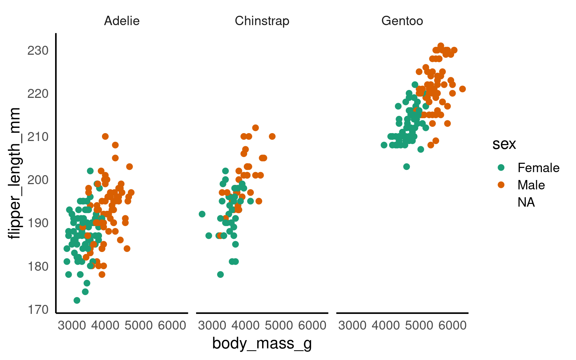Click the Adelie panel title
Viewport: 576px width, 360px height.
click(x=122, y=21)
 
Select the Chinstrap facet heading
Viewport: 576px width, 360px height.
click(x=262, y=21)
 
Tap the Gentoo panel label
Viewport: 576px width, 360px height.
click(x=402, y=21)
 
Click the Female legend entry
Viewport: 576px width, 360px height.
click(x=538, y=168)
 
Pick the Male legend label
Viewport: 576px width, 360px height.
click(x=531, y=185)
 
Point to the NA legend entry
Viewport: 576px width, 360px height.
click(x=526, y=202)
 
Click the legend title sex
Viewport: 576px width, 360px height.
click(x=504, y=144)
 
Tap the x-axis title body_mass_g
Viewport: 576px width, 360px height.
click(x=262, y=343)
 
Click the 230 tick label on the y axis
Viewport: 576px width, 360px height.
click(x=38, y=50)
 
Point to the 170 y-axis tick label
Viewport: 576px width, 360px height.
click(x=38, y=309)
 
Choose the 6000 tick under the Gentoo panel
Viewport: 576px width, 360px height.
click(x=452, y=325)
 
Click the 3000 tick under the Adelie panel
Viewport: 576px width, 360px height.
click(x=72, y=325)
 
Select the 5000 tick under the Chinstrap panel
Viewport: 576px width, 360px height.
click(x=279, y=325)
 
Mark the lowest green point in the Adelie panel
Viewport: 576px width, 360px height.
click(x=77, y=300)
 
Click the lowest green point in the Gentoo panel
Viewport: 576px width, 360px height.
click(x=406, y=166)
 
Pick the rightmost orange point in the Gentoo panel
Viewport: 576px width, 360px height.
click(x=462, y=89)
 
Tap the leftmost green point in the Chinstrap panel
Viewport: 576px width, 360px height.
click(x=202, y=214)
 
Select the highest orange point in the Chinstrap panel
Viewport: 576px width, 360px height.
click(x=255, y=128)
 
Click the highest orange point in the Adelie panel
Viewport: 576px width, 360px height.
click(x=105, y=136)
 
